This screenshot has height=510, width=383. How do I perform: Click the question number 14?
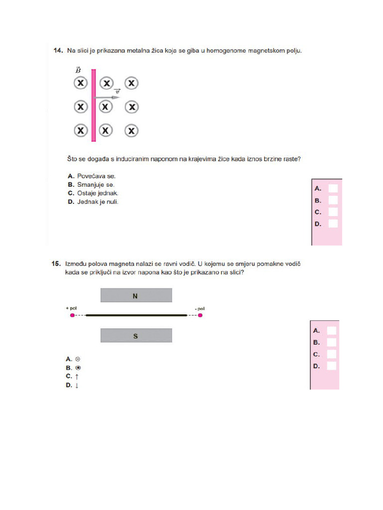(x=57, y=51)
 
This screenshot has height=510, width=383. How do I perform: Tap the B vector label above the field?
(x=78, y=70)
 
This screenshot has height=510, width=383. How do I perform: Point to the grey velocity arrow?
(x=107, y=97)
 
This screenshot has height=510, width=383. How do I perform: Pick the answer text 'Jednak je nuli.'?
(x=98, y=202)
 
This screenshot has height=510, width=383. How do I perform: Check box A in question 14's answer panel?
(x=333, y=188)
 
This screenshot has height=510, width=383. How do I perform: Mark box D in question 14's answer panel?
(x=333, y=224)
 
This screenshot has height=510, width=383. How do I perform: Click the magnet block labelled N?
(x=136, y=296)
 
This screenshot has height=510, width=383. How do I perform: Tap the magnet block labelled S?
(x=136, y=336)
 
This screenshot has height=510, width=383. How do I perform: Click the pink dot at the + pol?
(x=72, y=315)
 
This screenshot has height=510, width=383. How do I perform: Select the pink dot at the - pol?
(x=200, y=315)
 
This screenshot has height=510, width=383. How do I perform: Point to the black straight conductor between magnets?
(x=136, y=315)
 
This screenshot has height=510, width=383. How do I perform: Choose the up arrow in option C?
(x=77, y=377)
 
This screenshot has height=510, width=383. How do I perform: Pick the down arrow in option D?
(x=77, y=386)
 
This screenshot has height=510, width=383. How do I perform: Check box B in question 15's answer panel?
(x=331, y=342)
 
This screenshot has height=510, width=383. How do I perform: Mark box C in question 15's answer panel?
(x=331, y=354)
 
